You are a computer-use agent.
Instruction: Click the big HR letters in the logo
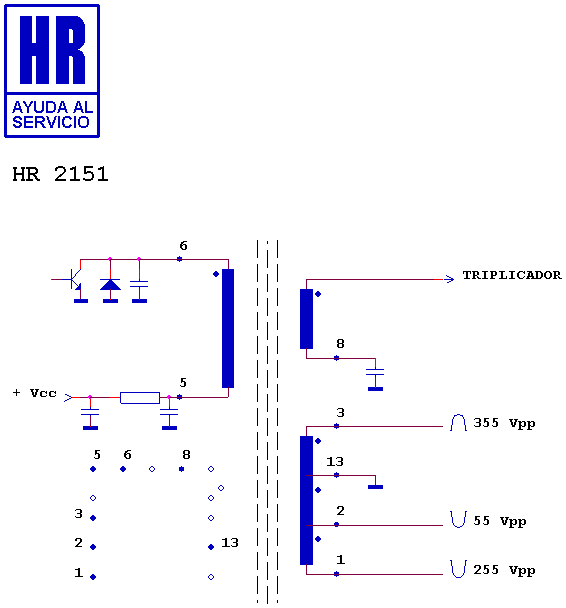coord(52,50)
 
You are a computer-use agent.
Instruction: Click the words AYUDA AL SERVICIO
coord(52,114)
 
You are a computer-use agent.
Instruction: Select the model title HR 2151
coord(60,174)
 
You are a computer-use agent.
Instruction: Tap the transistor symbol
coord(74,279)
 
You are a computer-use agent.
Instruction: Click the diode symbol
coord(110,285)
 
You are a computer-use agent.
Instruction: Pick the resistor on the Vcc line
coord(140,398)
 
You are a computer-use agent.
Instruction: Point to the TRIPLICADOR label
coord(512,275)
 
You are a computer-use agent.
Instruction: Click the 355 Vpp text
coord(504,423)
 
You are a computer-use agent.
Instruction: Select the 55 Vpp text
coord(499,521)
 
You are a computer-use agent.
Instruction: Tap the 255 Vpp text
coord(504,570)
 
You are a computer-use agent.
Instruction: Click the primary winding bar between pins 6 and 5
coord(228,328)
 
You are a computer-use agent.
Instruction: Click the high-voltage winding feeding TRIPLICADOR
coord(306,319)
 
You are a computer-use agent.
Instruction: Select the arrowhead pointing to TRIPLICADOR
coord(449,279)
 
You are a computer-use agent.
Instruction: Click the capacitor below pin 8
coord(375,372)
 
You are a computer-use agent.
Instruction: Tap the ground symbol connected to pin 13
coord(375,487)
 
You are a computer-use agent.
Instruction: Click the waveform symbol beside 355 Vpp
coord(458,423)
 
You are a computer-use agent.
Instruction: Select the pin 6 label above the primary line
coord(183,245)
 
